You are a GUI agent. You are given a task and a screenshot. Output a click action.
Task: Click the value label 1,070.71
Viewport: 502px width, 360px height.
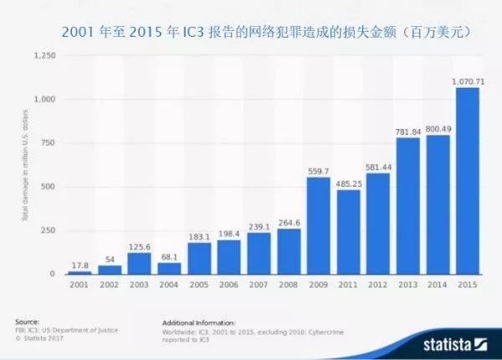(x=468, y=80)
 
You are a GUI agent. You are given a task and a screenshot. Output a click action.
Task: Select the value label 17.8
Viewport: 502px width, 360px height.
(x=79, y=265)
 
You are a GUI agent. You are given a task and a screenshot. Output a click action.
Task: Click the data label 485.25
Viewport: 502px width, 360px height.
(x=349, y=183)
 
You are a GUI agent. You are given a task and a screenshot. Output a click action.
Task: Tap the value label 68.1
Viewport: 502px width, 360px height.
(x=169, y=256)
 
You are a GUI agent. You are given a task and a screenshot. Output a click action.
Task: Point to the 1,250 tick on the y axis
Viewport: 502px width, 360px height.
(x=44, y=56)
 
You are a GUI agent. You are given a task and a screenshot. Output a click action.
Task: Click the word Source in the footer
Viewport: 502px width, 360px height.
(x=26, y=321)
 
